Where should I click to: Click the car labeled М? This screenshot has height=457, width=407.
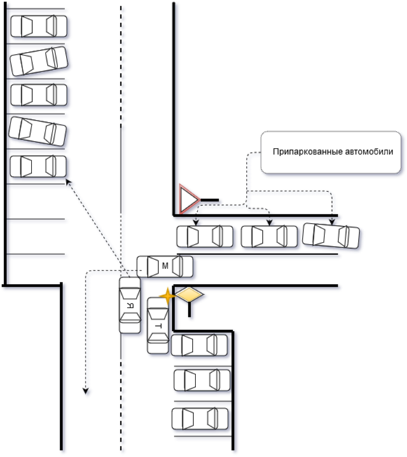point(165,266)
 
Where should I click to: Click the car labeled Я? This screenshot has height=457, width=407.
point(130,305)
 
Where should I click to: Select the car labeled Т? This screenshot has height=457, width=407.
point(158,325)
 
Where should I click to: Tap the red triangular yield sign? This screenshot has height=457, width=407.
point(189,199)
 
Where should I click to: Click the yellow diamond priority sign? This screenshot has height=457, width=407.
point(190,294)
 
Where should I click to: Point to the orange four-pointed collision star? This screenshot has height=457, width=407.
point(167,296)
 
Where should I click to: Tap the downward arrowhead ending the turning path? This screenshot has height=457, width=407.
point(85,391)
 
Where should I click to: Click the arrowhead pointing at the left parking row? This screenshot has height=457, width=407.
point(68,182)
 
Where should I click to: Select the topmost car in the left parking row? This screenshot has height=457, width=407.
point(39,26)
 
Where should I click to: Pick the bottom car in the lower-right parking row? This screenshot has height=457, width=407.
point(200,419)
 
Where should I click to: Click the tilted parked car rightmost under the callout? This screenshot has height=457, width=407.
point(331,236)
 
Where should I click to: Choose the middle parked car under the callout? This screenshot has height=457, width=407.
point(270,236)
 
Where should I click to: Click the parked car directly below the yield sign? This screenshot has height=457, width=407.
point(205,236)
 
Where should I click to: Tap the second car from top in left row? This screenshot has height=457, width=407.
point(39,61)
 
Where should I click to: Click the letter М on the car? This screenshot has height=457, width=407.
point(165,266)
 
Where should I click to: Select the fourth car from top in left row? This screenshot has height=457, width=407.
point(38,131)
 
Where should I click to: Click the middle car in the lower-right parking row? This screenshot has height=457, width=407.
point(202,380)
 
